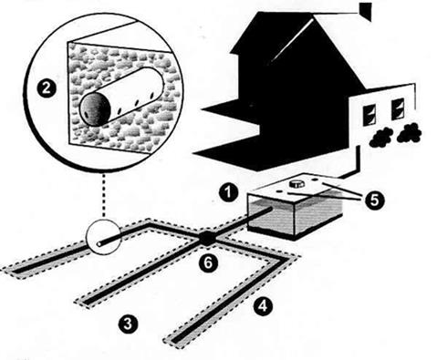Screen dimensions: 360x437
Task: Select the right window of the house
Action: pos(399,109)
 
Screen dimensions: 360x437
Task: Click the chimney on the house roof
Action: pos(366,9)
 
